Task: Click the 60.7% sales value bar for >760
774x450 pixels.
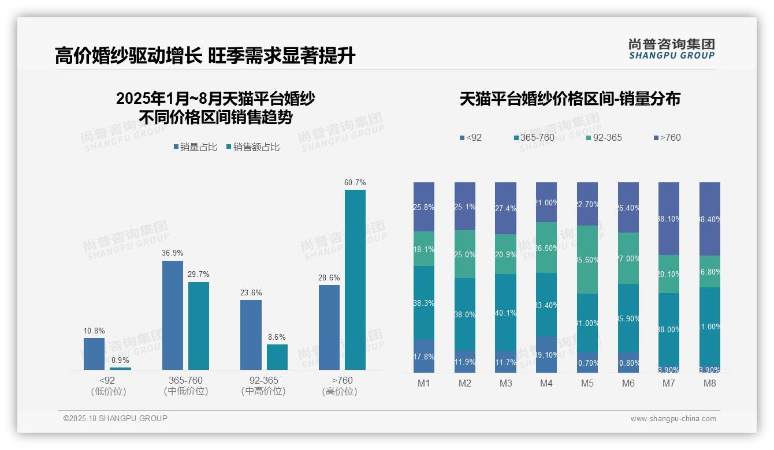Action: coord(355,280)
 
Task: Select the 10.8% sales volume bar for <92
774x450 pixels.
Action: coord(94,354)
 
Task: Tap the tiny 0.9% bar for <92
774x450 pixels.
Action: coord(120,368)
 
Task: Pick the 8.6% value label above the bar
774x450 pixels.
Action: coord(277,337)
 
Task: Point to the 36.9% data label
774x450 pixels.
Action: coord(173,253)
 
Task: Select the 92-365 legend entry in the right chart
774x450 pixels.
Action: coord(604,137)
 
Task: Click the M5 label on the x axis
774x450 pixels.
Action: coord(587,384)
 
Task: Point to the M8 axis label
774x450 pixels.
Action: coord(710,384)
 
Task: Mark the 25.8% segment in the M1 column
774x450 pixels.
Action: coord(424,207)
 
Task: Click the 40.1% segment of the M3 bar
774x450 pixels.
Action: coord(505,312)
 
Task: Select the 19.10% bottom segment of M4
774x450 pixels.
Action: coord(546,355)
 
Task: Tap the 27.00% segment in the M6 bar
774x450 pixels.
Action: coord(628,258)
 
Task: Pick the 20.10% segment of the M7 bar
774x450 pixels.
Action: coord(669,274)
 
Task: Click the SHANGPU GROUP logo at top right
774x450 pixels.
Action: coord(671,48)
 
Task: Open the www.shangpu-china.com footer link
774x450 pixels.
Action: coord(673,419)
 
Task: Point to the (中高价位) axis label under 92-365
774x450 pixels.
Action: coord(263,391)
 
